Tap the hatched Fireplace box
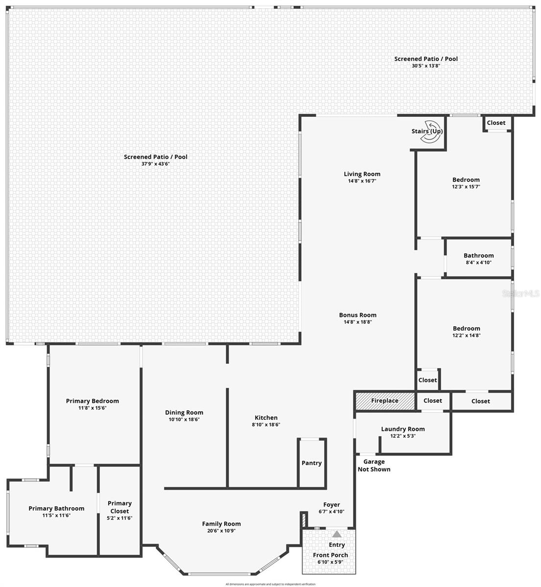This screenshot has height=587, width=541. coord(384,401)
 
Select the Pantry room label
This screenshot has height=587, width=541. coord(311,463)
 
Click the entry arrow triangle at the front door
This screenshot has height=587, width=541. coord(337,534)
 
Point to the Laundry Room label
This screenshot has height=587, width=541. coord(403,429)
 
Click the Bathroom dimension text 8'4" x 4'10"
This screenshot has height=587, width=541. coord(478,262)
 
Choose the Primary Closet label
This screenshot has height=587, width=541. coord(119,507)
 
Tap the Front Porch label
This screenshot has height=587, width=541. coord(330,555)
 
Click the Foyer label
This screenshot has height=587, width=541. coord(331,505)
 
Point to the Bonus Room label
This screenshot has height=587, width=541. coord(358,315)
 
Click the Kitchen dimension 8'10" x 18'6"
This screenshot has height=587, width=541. coord(266,425)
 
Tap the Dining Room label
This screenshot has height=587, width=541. coord(184,412)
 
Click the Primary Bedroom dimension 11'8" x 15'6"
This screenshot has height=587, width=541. coord(93,407)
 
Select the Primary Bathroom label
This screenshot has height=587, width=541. coord(56,508)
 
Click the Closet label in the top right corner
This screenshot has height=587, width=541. coord(496,123)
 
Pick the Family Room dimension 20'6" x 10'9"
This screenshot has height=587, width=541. coord(221,530)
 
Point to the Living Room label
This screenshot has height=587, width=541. coord(362,174)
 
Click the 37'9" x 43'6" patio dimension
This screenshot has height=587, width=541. coord(155,164)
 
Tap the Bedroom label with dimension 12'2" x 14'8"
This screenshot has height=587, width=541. coord(466,328)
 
